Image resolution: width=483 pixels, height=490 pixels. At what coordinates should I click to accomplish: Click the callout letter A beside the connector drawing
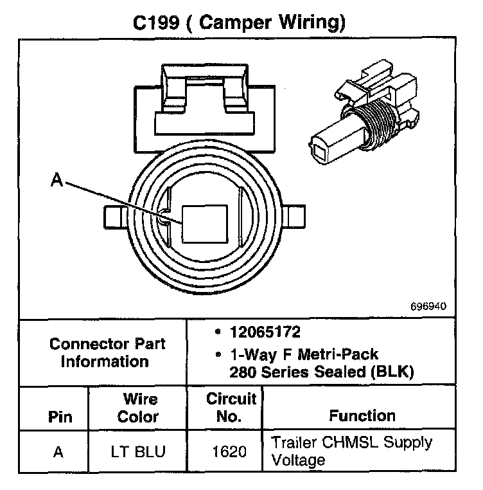pyautogui.click(x=57, y=182)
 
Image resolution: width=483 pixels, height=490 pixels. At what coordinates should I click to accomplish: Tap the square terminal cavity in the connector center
pyautogui.click(x=204, y=224)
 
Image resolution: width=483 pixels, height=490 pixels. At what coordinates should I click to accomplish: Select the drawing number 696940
pyautogui.click(x=428, y=307)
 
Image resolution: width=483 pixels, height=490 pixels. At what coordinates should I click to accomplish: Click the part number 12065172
pyautogui.click(x=265, y=332)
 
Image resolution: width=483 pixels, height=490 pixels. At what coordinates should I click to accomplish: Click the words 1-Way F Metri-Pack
pyautogui.click(x=304, y=354)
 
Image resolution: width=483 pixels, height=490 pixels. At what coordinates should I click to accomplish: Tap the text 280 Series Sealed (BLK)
pyautogui.click(x=321, y=371)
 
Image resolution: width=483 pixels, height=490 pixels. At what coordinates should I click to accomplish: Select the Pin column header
pyautogui.click(x=58, y=416)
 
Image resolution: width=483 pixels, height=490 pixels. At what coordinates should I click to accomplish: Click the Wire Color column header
pyautogui.click(x=141, y=408)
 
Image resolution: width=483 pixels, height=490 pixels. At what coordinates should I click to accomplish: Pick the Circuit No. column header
pyautogui.click(x=231, y=408)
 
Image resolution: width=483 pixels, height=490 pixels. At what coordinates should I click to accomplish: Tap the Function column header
pyautogui.click(x=362, y=415)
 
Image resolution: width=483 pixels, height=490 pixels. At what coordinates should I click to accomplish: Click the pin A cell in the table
pyautogui.click(x=58, y=451)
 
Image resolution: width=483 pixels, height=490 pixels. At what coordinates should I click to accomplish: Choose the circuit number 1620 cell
pyautogui.click(x=229, y=452)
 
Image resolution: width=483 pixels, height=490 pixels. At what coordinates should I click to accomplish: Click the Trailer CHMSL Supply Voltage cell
pyautogui.click(x=351, y=451)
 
